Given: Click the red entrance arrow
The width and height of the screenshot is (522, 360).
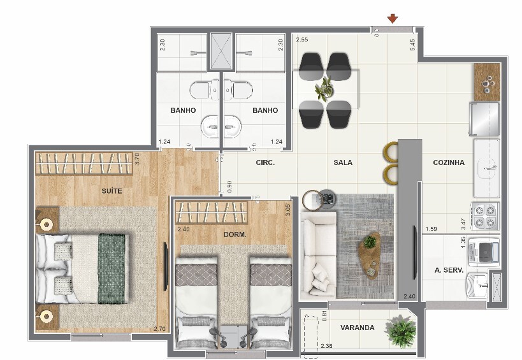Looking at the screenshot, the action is coord(393,18).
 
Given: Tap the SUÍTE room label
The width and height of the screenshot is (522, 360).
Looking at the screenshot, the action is coord(112,191).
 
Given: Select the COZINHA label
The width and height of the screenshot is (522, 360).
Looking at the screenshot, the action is coord(449,162).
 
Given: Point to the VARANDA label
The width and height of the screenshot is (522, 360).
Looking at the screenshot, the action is coord(357,328).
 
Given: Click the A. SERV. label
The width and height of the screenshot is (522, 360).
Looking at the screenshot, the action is coord(449,270).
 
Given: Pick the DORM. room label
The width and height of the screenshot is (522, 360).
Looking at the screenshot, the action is coord(235,234).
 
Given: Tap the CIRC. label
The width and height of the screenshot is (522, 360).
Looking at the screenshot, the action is coord(265,162).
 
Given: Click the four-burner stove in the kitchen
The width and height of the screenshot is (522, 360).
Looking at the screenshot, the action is coord(484,216).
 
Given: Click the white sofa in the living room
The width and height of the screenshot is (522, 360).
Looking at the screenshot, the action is coord(318,254).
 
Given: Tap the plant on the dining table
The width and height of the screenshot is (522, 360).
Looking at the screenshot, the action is coord(324,89).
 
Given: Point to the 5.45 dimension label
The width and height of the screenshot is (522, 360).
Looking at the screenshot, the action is coord(413,45).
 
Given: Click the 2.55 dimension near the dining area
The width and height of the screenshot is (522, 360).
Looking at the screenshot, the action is coord(302,40).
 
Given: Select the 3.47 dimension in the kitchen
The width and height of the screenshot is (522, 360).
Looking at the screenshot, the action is coord(463,224).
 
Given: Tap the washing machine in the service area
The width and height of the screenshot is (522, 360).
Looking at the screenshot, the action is coord(484,252).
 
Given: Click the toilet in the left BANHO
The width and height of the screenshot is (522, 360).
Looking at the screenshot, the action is coord(204,90).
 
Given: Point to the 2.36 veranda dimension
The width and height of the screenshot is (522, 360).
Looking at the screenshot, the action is coord(326,346).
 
